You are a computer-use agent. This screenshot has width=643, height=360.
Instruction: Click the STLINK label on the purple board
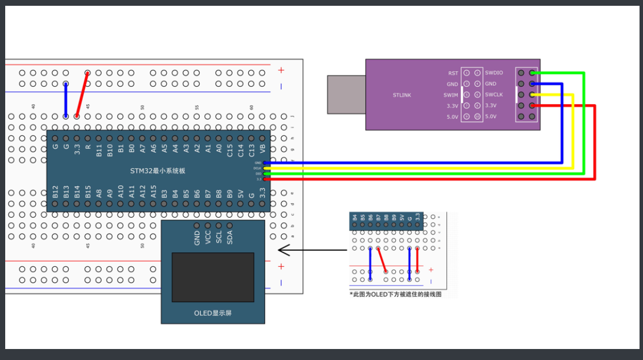tap(402, 95)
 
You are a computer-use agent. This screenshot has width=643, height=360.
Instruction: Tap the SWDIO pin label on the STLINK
tap(494, 73)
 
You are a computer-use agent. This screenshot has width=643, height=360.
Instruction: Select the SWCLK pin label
tap(494, 95)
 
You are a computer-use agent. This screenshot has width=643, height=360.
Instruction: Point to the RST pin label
tap(453, 73)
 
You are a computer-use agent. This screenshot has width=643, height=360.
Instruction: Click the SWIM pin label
tap(451, 95)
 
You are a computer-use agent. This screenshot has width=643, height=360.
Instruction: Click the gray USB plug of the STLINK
tap(346, 94)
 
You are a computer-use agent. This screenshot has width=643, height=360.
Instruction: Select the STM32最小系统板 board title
tap(158, 171)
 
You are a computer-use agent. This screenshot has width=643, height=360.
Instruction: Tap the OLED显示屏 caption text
tap(213, 313)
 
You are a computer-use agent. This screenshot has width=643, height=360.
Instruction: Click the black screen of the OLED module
tap(213, 277)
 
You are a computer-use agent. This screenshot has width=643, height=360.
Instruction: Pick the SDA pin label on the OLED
tap(230, 237)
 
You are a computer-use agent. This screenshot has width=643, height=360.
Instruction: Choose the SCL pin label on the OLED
tap(219, 237)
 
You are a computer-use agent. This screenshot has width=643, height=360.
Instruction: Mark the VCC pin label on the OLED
tap(208, 237)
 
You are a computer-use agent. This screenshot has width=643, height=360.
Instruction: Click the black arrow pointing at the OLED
tap(313, 251)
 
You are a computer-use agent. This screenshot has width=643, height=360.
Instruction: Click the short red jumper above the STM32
tap(82, 94)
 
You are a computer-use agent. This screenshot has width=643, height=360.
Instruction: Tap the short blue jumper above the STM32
tap(66, 100)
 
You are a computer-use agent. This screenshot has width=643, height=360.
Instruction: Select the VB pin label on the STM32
tap(263, 150)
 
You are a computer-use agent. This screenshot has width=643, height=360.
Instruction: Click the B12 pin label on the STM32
tap(56, 192)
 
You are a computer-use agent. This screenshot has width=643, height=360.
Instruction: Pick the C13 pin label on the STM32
tap(252, 150)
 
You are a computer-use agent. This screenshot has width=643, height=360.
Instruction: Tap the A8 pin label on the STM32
tap(99, 192)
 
